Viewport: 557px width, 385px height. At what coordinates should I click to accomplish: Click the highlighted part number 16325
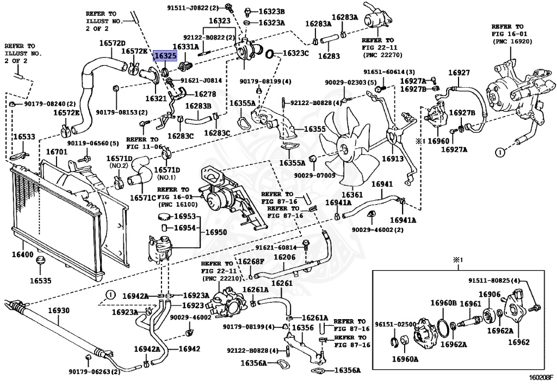click(x=165, y=56)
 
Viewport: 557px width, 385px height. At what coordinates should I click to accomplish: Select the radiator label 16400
click(x=22, y=254)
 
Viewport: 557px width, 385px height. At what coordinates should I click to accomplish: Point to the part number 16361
click(x=352, y=195)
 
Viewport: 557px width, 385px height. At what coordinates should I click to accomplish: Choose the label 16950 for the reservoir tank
click(x=216, y=233)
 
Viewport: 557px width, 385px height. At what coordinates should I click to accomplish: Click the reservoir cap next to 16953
click(x=164, y=216)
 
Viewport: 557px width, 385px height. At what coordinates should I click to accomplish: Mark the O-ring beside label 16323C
click(x=270, y=54)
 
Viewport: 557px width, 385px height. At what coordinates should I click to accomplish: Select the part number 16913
click(x=393, y=158)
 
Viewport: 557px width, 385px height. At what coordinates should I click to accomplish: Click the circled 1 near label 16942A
click(x=111, y=295)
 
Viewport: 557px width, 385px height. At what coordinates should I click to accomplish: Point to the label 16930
click(x=59, y=310)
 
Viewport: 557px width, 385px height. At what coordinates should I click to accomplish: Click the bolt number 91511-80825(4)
click(x=493, y=280)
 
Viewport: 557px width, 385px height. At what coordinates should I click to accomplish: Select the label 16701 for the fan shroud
click(x=57, y=152)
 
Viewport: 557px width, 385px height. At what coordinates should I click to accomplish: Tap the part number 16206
click(x=284, y=257)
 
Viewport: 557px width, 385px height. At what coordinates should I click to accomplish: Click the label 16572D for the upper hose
click(x=112, y=44)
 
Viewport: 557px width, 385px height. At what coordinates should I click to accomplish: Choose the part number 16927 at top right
click(x=459, y=72)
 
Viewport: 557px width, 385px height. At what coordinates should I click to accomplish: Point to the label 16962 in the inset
click(x=518, y=343)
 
